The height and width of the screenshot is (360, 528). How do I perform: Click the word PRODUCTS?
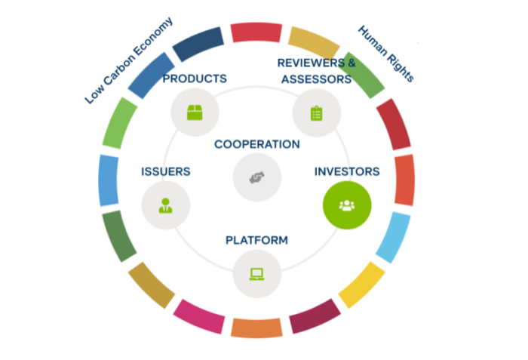pyautogui.click(x=195, y=78)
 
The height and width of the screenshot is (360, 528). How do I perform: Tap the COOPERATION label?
pyautogui.click(x=257, y=144)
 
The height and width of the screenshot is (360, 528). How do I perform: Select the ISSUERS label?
pyautogui.click(x=166, y=171)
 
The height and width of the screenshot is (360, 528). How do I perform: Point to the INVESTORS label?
pyautogui.click(x=347, y=171)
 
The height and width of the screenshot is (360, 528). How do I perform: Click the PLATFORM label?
pyautogui.click(x=256, y=240)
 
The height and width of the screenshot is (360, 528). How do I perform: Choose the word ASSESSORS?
pyautogui.click(x=317, y=79)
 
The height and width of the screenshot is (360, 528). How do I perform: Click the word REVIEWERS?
pyautogui.click(x=311, y=63)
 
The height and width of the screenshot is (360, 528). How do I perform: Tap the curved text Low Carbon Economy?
pyautogui.click(x=129, y=60)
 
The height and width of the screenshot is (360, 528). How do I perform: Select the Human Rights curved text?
pyautogui.click(x=386, y=54)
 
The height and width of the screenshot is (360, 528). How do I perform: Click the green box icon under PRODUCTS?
pyautogui.click(x=195, y=112)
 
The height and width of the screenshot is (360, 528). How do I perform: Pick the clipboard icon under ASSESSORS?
pyautogui.click(x=317, y=113)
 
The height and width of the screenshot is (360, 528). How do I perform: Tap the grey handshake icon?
pyautogui.click(x=257, y=177)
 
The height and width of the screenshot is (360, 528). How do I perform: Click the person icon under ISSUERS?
pyautogui.click(x=165, y=205)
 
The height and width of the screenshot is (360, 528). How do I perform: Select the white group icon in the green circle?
pyautogui.click(x=347, y=205)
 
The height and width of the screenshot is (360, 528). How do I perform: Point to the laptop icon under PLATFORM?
pyautogui.click(x=256, y=274)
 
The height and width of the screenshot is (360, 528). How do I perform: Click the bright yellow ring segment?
pyautogui.click(x=362, y=285)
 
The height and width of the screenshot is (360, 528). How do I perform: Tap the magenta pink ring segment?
pyautogui.click(x=199, y=316)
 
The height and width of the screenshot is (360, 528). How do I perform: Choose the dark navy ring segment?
pyautogui.click(x=198, y=45)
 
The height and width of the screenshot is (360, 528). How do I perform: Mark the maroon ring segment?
pyautogui.click(x=315, y=316)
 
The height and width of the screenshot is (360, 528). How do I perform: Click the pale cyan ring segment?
pyautogui.click(x=393, y=237)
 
